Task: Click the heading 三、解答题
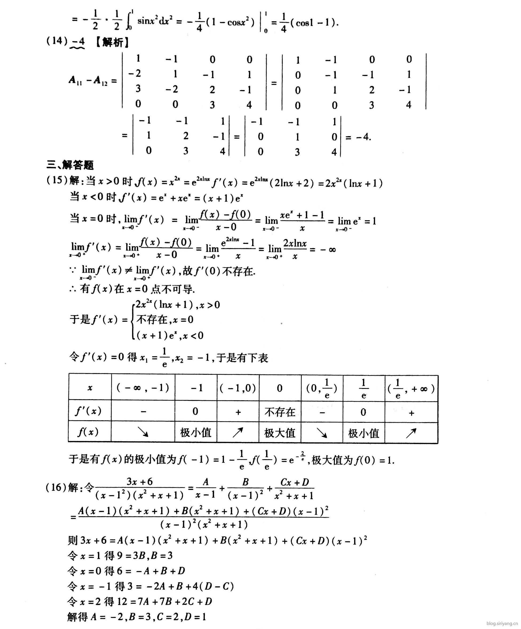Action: pos(70,165)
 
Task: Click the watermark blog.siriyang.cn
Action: pos(502,623)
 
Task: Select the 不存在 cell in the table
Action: pos(279,412)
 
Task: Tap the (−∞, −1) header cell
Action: pos(143,388)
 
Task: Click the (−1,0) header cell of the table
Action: pos(238,388)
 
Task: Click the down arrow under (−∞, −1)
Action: pos(143,432)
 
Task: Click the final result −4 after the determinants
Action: pos(363,137)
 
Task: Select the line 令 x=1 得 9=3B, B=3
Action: pos(120,556)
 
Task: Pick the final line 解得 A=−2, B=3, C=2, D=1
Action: pos(137,617)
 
